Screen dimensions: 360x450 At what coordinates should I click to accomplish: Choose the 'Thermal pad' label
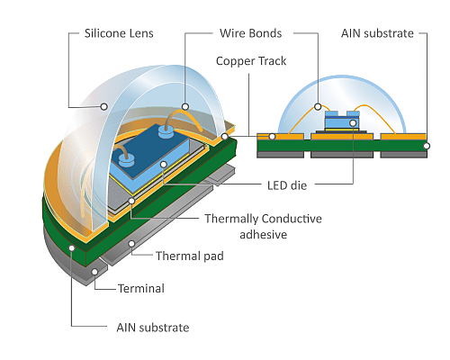coord(187,256)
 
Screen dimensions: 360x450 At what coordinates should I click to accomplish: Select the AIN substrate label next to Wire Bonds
coord(377,34)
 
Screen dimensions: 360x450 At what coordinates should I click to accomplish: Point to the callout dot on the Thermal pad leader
coord(132,243)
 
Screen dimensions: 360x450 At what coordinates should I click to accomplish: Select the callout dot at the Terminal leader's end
coord(95,269)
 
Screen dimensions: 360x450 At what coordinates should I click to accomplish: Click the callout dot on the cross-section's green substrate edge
coord(427,145)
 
